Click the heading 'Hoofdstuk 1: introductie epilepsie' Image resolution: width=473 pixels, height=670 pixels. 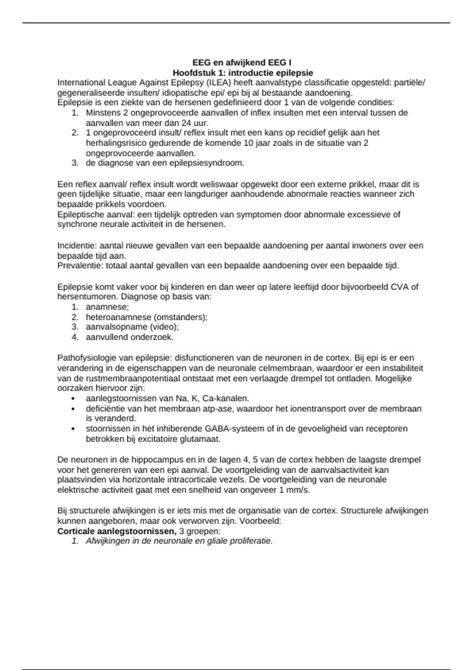click(243, 73)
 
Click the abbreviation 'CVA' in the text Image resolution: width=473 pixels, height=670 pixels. click(400, 287)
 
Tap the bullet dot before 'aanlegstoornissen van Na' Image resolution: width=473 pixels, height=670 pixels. click(73, 399)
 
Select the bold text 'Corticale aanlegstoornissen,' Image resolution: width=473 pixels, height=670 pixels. click(117, 531)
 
